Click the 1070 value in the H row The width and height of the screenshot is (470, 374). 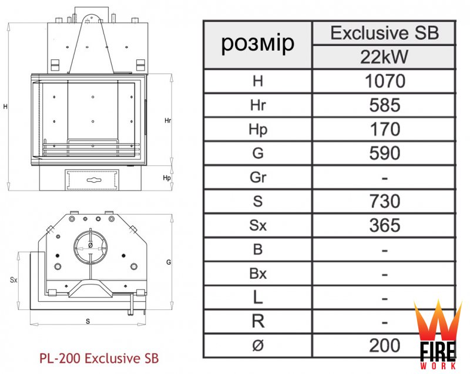pos(385,81)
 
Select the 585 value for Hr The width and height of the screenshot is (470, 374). pos(385,105)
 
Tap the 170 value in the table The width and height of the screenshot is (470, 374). pos(385,129)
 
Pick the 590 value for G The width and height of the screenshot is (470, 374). pos(385,153)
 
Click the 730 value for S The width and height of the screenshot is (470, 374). pos(385,201)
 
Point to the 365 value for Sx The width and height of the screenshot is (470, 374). pos(385,225)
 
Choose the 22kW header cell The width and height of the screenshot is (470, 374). pos(384,57)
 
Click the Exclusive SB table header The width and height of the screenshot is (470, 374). pos(385,33)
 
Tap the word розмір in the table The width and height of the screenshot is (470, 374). pos(258,44)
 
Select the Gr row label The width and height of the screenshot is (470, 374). pos(258,177)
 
